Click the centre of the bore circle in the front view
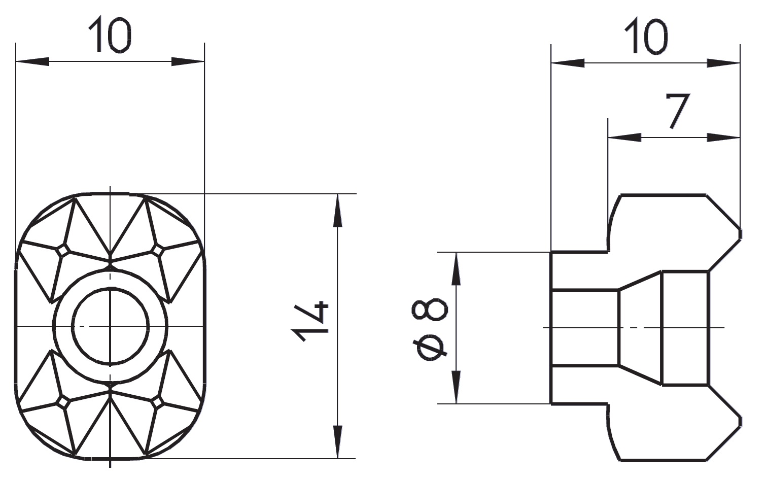coord(110,326)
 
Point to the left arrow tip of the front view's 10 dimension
coord(16,62)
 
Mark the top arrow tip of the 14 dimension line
coord(338,194)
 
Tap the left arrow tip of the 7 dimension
coord(608,138)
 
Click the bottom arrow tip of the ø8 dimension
coord(456,403)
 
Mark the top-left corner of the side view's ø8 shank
coord(551,252)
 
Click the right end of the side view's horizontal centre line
coord(724,328)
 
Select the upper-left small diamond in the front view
coord(62,251)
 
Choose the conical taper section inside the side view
coord(640,328)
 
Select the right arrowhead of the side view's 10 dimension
coord(723,63)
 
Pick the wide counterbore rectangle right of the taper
coord(685,328)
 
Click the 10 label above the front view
coord(110,35)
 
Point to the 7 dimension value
coord(677,111)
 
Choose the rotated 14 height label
coord(310,321)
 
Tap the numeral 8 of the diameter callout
coord(430,309)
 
